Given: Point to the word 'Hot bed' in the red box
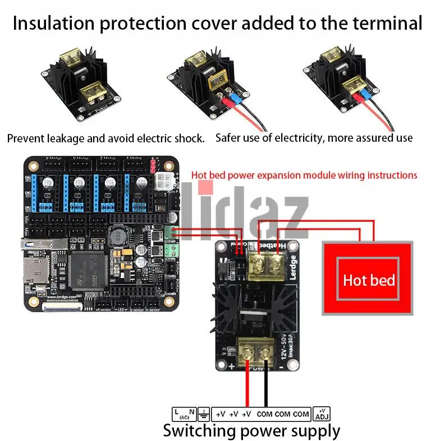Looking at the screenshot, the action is (x=368, y=280).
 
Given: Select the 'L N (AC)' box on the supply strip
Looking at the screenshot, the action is (x=184, y=414).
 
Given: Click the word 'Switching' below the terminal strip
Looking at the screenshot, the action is (x=199, y=431).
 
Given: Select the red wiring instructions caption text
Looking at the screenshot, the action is (x=304, y=175).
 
